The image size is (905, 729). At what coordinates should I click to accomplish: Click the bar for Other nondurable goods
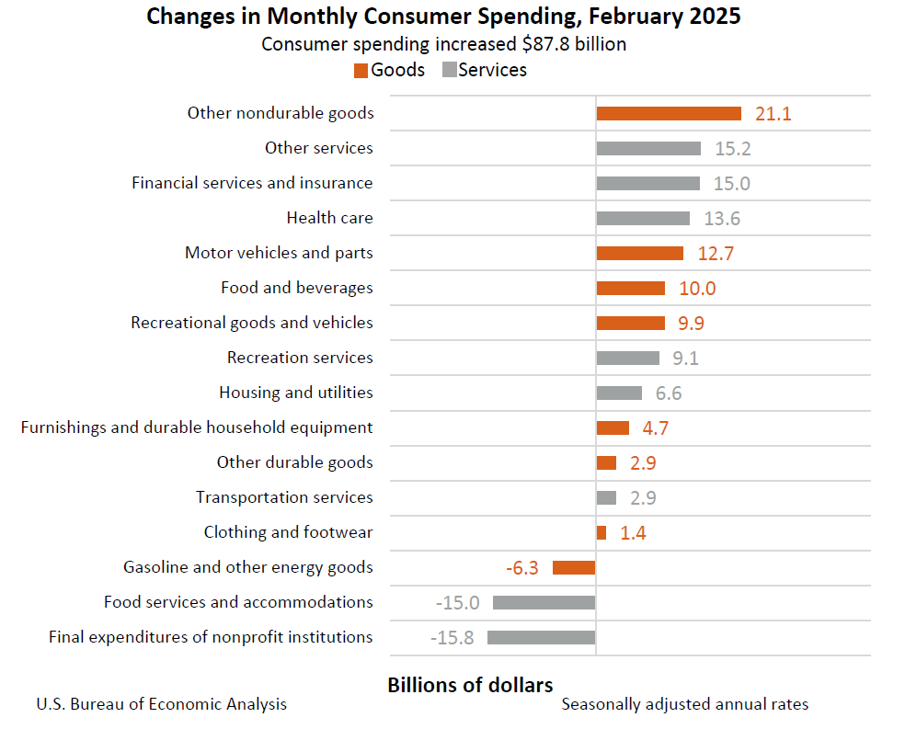coord(669,113)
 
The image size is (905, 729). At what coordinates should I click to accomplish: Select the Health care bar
coord(643,218)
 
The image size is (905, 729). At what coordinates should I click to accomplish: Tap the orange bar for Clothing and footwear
coord(601,532)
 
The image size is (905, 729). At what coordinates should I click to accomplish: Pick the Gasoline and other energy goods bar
coord(574,567)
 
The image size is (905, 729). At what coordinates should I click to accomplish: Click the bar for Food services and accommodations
coord(544,602)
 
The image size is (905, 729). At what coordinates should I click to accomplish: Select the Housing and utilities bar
coord(619,393)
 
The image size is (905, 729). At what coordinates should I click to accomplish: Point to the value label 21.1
coord(773,114)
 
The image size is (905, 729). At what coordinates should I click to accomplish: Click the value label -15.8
coord(452,637)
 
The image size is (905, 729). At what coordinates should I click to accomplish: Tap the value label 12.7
coord(715,254)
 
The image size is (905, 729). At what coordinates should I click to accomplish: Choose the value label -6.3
coord(522,568)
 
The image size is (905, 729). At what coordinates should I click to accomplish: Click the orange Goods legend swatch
coord(361,71)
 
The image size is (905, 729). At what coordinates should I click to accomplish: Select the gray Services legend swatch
coord(449,71)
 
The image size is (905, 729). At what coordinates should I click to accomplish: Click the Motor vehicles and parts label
coord(279,253)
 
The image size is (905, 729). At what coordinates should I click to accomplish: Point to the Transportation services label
coord(284,497)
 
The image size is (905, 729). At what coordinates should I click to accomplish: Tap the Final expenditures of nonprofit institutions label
coord(211,637)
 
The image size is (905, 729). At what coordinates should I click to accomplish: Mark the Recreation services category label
coord(300,358)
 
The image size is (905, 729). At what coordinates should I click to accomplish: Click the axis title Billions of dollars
coord(470,685)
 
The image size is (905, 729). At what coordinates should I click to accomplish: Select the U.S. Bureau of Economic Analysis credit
coord(162,704)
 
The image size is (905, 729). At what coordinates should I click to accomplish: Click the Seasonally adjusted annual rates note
coord(685,704)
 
